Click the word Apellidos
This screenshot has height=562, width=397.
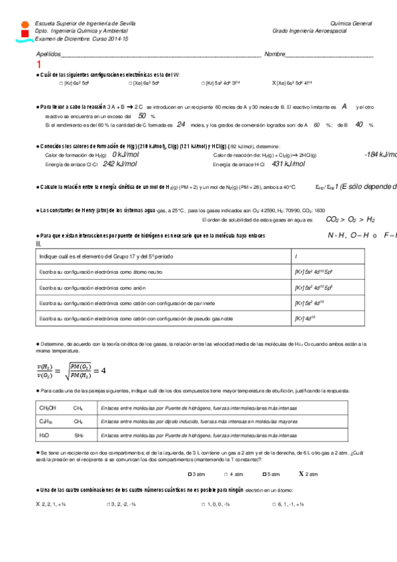(49, 54)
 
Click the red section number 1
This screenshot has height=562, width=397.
(39, 64)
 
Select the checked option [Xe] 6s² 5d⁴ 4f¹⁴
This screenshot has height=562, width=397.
(292, 84)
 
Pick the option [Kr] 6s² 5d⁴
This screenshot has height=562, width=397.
(74, 84)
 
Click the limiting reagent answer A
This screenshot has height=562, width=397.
(345, 106)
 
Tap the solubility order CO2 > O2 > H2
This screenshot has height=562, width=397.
(351, 219)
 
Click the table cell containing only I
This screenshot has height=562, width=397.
(296, 256)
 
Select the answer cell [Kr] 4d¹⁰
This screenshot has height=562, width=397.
(305, 319)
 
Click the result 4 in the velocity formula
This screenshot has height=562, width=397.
(103, 370)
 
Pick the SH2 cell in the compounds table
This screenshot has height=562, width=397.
(79, 435)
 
